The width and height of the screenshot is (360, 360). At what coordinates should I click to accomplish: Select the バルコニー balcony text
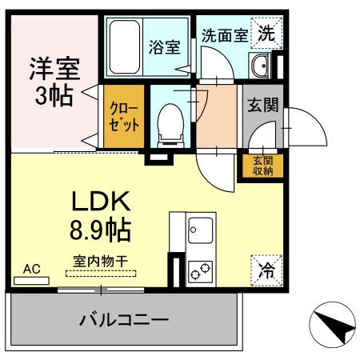(x=123, y=321)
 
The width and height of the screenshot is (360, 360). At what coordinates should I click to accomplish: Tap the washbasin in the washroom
(x=261, y=65)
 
